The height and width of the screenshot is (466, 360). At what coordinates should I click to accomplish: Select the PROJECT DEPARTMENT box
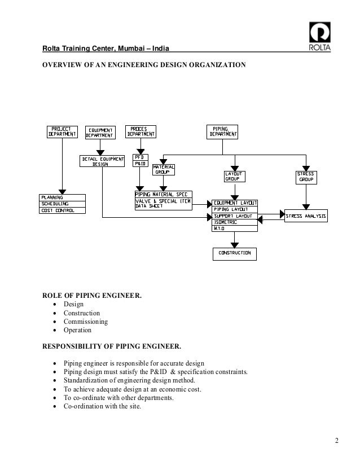62,131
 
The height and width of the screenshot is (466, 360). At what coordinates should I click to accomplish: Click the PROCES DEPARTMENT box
139,131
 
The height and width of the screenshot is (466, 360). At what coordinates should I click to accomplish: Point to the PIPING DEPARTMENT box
223,131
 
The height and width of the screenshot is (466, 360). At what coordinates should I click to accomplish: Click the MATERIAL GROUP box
163,169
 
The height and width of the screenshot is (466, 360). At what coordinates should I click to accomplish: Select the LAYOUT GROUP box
234,177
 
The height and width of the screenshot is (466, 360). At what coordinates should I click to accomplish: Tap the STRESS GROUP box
305,177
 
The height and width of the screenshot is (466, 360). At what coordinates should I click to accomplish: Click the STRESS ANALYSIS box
305,216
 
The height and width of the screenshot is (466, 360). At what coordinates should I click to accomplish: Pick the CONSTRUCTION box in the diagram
234,253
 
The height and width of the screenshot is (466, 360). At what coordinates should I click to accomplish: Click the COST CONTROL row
63,210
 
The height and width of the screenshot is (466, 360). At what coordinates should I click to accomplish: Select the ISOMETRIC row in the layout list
234,222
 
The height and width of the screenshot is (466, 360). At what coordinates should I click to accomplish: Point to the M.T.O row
234,228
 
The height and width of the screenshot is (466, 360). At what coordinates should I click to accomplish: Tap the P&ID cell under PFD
139,164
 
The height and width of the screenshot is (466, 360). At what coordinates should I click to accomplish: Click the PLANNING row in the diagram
63,197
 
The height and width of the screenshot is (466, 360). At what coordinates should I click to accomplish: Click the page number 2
337,441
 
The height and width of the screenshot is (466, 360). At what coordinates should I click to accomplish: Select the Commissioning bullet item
85,322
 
